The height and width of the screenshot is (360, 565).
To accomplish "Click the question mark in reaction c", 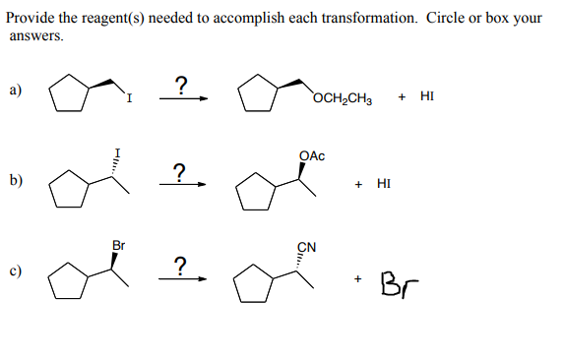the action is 179,263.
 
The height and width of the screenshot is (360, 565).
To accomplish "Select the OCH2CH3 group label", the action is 341,96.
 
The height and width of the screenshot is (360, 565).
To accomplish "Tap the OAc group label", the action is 311,155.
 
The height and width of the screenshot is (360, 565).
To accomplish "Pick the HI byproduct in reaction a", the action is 426,96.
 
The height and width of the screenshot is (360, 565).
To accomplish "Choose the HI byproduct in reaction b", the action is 384,184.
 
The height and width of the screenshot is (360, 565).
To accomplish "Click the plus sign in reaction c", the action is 360,280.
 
